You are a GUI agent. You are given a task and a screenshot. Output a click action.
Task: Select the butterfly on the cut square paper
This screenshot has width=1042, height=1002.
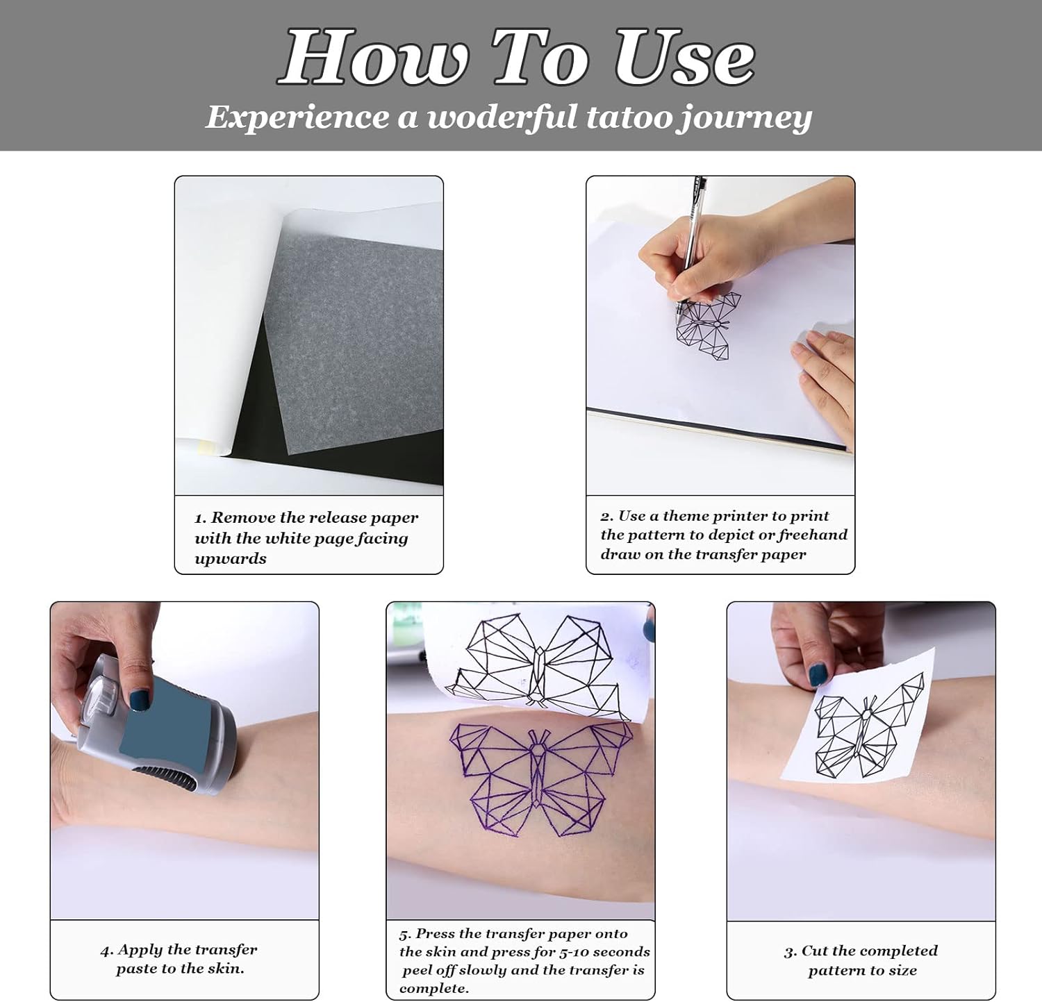tap(868, 726)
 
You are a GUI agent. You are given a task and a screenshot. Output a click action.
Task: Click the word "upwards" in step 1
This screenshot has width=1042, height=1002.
tap(231, 560)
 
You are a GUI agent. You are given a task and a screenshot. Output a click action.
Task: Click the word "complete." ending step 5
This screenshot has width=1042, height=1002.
tap(434, 990)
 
